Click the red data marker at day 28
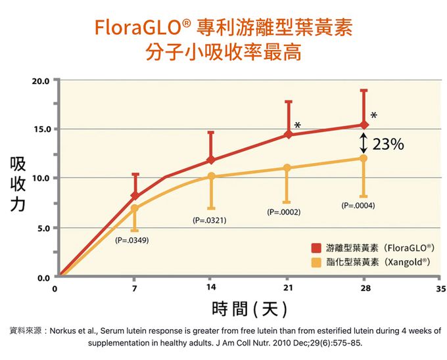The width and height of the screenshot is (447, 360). (x=364, y=125)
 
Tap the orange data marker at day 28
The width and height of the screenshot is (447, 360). (x=364, y=158)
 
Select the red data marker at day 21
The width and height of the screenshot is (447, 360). (x=287, y=135)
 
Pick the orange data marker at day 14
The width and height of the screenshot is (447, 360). (x=211, y=176)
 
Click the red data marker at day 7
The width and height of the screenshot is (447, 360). (x=135, y=196)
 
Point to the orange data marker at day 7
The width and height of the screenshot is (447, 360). (x=135, y=208)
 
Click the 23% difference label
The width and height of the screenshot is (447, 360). (x=388, y=145)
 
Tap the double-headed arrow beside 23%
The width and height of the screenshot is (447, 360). (x=364, y=142)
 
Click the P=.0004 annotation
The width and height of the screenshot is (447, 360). (x=358, y=206)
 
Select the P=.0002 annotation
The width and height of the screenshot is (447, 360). (x=283, y=212)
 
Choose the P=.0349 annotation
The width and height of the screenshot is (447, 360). (x=131, y=240)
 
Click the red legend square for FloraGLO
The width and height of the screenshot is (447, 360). (x=316, y=248)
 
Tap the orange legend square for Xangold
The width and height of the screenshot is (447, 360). (x=316, y=262)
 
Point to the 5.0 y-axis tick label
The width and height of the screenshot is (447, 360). (x=43, y=229)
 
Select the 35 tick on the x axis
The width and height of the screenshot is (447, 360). (x=440, y=288)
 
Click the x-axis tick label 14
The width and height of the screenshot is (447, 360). (x=211, y=288)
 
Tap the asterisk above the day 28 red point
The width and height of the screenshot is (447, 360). (x=373, y=116)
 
